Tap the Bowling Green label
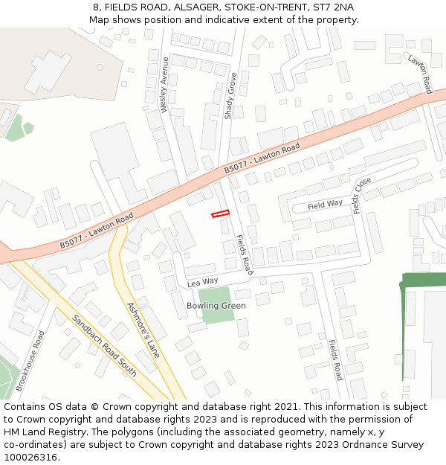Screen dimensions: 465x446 [x=216, y=306]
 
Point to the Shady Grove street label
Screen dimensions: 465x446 [x=230, y=96]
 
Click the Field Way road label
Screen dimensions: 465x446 [x=325, y=204]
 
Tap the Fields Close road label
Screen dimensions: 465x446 [x=362, y=195]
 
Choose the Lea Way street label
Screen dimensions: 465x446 [x=203, y=282]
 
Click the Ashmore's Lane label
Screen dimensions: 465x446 [x=143, y=329]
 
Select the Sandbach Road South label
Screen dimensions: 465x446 [x=104, y=345]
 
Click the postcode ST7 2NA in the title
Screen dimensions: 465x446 [x=334, y=7]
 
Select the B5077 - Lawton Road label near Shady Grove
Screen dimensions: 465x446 [x=262, y=159]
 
